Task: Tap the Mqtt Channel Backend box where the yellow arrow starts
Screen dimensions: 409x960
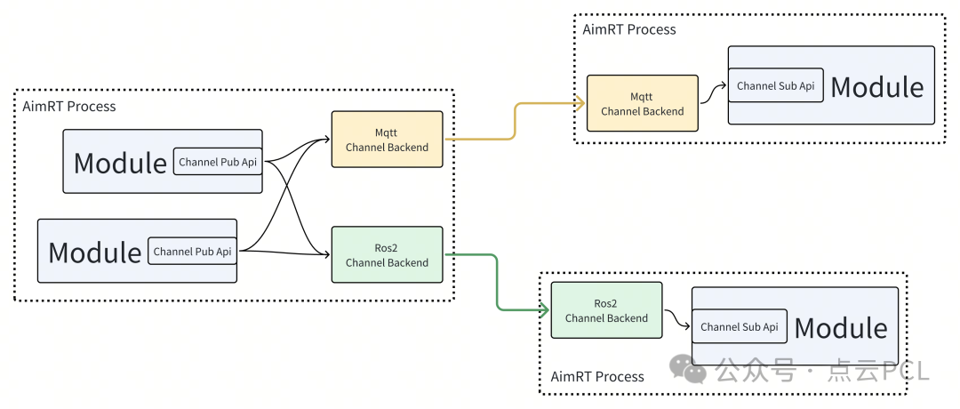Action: (387, 140)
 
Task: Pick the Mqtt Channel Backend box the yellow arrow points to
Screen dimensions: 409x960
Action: (642, 103)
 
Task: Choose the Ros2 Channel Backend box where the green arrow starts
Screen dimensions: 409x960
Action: (387, 255)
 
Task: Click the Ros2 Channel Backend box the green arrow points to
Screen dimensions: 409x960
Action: (606, 310)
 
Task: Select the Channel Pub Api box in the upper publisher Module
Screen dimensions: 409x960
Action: (218, 162)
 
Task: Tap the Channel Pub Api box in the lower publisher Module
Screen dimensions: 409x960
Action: (192, 252)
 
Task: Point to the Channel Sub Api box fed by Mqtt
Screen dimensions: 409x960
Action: (775, 86)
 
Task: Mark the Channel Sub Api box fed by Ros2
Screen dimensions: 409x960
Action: (739, 327)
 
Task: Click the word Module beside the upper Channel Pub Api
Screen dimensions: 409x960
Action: (120, 163)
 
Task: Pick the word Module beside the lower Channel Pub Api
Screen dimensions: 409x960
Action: (94, 253)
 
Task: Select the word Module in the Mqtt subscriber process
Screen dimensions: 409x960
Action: (876, 87)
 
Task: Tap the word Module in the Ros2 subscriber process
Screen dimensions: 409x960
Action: (840, 328)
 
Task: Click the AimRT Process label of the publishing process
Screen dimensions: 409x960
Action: (69, 107)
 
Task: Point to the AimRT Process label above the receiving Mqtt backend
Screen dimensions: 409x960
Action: (629, 29)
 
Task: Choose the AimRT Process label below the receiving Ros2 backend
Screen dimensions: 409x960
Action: (597, 377)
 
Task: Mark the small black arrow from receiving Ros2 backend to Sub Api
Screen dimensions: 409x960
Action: (676, 318)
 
